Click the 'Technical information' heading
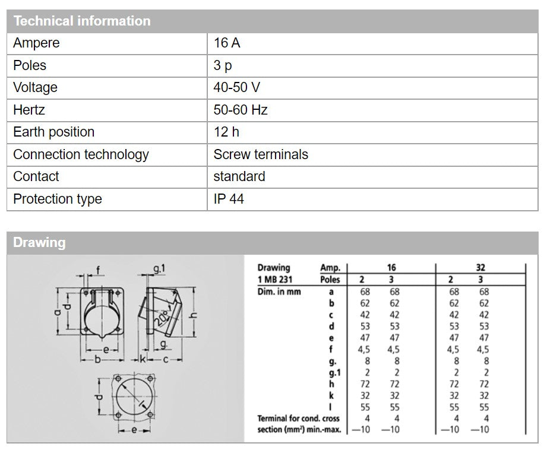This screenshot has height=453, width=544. click(x=82, y=21)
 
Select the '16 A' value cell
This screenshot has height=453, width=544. click(x=227, y=43)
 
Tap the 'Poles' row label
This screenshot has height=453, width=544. click(x=30, y=65)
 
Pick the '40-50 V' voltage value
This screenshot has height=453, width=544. click(x=236, y=87)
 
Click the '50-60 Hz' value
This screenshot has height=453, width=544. click(x=241, y=110)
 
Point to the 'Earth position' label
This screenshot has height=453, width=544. click(x=53, y=132)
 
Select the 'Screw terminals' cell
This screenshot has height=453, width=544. click(x=261, y=154)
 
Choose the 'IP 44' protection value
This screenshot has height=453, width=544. click(x=229, y=199)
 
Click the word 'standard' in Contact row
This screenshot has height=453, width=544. click(x=239, y=176)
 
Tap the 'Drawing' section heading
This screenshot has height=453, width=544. click(x=39, y=242)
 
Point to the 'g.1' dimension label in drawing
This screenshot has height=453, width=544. click(x=159, y=269)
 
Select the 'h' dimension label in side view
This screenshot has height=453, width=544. click(x=194, y=315)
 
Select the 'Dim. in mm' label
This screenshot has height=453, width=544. click(x=279, y=292)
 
